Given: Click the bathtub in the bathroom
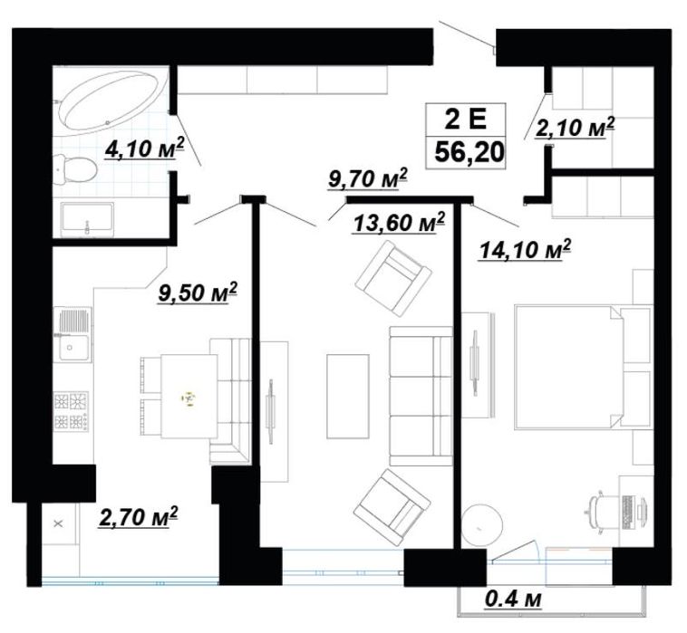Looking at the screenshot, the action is coord(113,100).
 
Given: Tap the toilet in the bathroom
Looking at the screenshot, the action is coord(74,169).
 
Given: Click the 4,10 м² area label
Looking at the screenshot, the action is coord(144,149).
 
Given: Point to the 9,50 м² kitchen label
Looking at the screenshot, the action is coord(198,293).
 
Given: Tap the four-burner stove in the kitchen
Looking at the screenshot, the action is coord(71,410).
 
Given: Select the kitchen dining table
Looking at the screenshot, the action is coord(189,396).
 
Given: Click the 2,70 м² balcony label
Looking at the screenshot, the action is coord(139,517).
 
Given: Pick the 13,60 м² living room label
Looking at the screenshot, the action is coord(399,223).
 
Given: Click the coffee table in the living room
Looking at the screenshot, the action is coord(348,396).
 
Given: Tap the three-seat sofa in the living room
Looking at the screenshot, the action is coord(421,396).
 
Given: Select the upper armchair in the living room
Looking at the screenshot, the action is coord(393,279).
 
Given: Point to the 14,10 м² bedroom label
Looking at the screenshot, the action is coord(526,250).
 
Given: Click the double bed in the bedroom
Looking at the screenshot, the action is coord(583,367).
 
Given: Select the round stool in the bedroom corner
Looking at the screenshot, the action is coord(482,526).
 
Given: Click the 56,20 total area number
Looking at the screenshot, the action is coord(469,153).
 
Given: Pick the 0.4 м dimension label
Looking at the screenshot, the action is coord(514,599).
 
